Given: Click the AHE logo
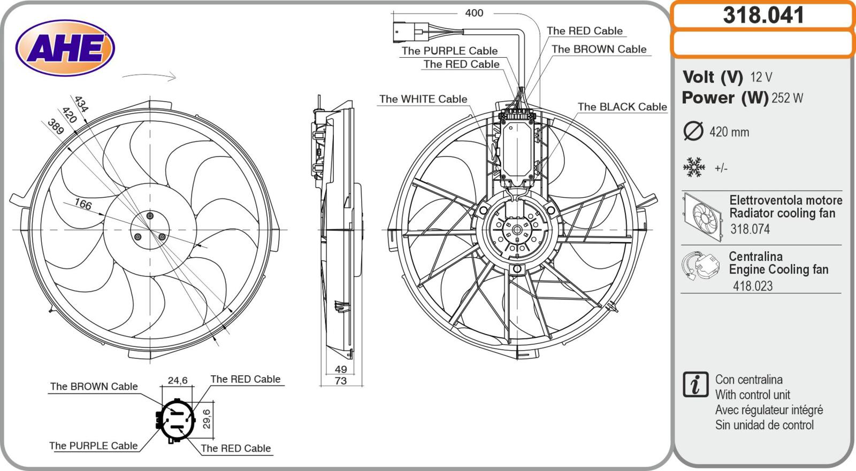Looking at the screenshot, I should (65, 48).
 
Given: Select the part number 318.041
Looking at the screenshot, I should (763, 15).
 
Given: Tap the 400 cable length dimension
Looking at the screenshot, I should (474, 13).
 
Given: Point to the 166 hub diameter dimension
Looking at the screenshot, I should (82, 204).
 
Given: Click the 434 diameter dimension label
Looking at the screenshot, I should (81, 103).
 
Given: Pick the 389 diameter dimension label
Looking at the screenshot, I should (56, 127).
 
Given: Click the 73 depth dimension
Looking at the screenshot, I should (341, 381).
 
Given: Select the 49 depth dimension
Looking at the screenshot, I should (341, 369).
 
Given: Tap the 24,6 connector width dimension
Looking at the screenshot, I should (178, 381).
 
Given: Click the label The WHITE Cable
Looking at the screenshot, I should (423, 99).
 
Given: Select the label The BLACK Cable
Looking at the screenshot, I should (622, 106).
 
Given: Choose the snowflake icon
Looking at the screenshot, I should (694, 168).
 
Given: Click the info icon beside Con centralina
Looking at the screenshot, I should (695, 384).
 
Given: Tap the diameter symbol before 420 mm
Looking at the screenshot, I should (693, 132).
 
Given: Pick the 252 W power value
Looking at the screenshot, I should (787, 98).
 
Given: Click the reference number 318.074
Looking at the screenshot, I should (750, 229).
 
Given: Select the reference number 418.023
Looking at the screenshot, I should (753, 286).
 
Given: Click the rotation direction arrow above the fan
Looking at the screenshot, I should (149, 76).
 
